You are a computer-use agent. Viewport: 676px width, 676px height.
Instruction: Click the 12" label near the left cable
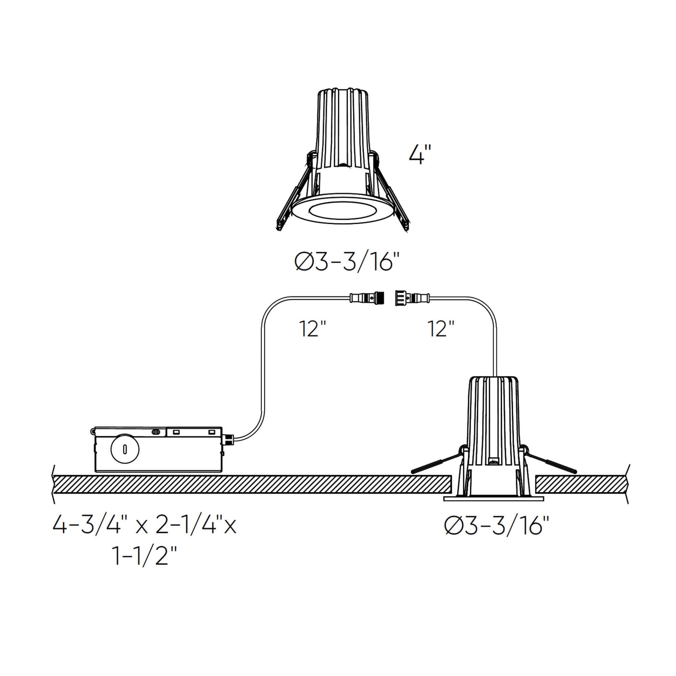point(312,329)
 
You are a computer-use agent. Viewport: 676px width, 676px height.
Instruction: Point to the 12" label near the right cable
point(441,329)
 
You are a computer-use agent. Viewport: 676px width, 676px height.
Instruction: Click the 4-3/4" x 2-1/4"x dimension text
point(145,535)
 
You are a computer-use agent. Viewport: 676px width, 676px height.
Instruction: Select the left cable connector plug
point(368,298)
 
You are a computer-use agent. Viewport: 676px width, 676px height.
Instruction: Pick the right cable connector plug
point(413,298)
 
